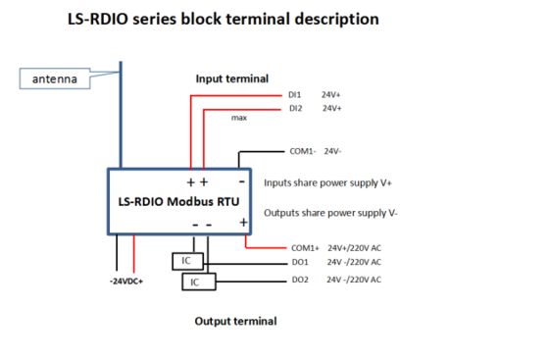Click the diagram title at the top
pos(222,20)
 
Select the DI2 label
pos(296,108)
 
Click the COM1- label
pos(305,152)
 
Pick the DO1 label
pos(300,263)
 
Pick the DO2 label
pos(300,281)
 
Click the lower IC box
pos(197,283)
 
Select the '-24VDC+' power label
pos(128,281)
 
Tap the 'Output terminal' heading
pos(235,321)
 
